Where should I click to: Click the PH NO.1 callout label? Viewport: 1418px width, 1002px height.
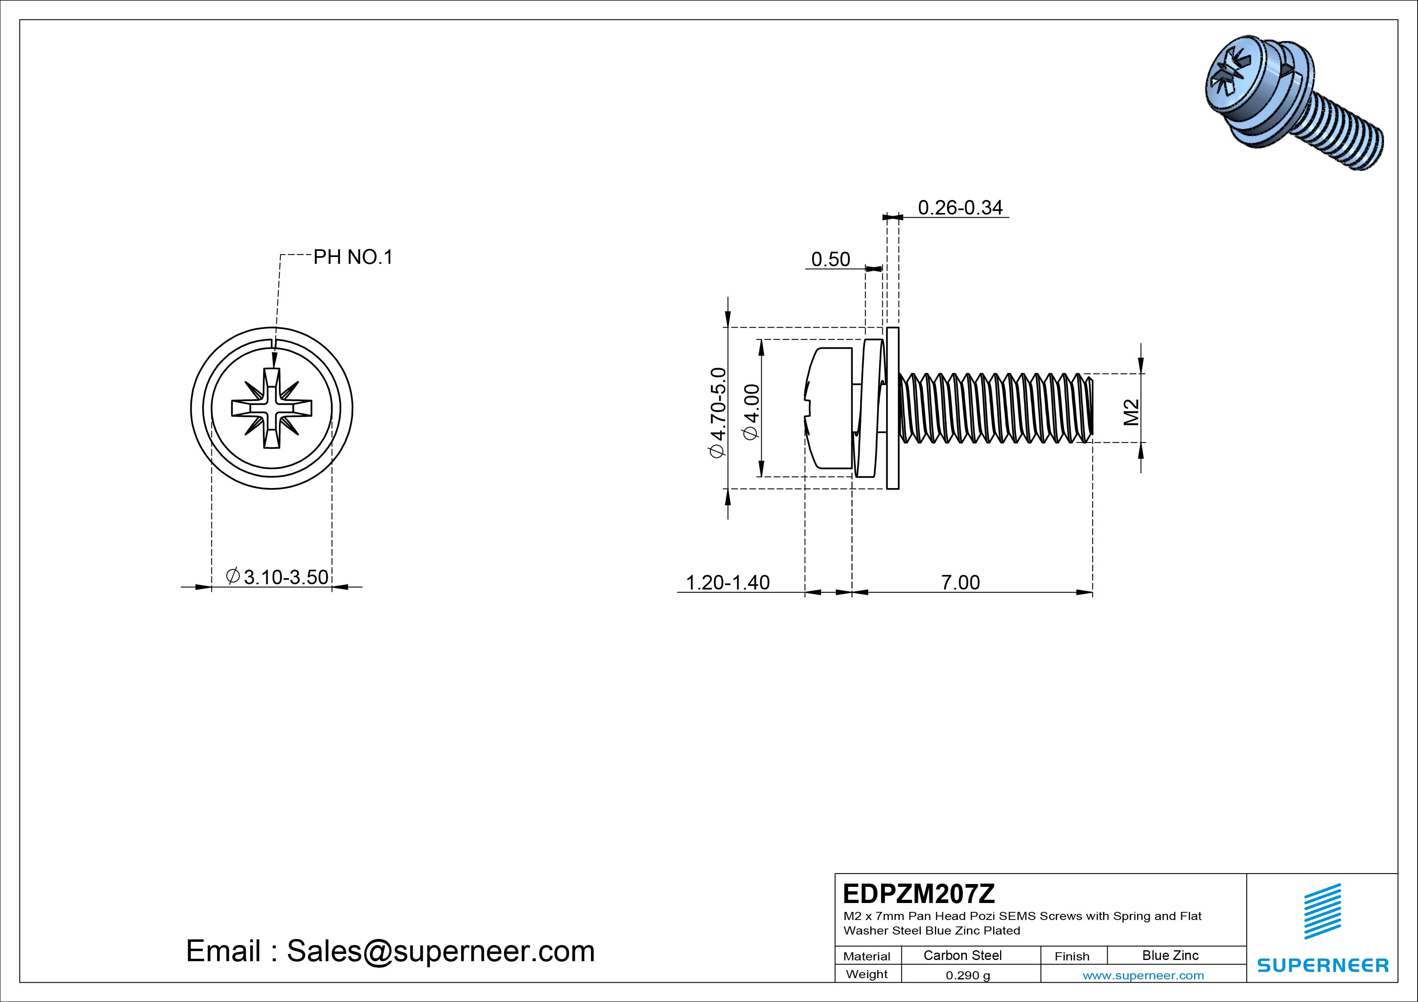(352, 257)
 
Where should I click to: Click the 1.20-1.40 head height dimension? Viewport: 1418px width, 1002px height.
(728, 582)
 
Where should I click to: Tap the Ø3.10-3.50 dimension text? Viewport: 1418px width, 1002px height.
(277, 577)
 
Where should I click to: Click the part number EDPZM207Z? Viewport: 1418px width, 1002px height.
(918, 893)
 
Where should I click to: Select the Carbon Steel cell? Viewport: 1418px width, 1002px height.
(962, 955)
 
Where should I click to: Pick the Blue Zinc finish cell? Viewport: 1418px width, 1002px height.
(1170, 955)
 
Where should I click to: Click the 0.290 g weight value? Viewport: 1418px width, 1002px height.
(967, 975)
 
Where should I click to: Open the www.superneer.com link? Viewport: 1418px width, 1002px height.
(1143, 975)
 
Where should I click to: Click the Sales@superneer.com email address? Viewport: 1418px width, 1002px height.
(440, 951)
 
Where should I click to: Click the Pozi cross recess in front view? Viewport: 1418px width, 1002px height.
(272, 408)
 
